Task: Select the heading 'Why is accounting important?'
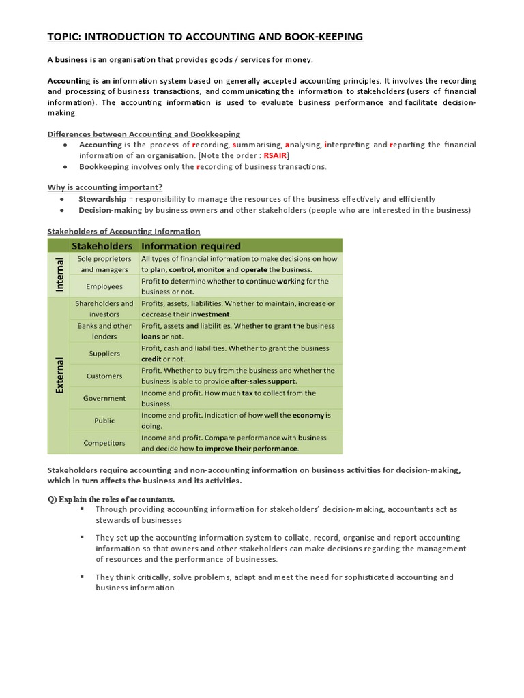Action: tap(104, 187)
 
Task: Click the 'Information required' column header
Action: tap(190, 245)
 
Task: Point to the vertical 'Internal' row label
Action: tap(58, 275)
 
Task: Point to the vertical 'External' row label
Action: tap(58, 376)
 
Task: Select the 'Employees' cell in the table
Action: tap(104, 287)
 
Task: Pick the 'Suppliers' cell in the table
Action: tap(104, 353)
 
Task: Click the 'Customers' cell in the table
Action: tap(104, 376)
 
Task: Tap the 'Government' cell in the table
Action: tap(104, 398)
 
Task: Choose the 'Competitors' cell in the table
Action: tap(104, 442)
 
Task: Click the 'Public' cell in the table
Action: tap(104, 421)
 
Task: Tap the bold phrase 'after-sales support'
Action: tap(263, 381)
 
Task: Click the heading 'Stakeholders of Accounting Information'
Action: tap(123, 232)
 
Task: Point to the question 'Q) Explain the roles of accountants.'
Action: tap(111, 498)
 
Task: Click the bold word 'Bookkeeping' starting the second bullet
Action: tap(104, 166)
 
